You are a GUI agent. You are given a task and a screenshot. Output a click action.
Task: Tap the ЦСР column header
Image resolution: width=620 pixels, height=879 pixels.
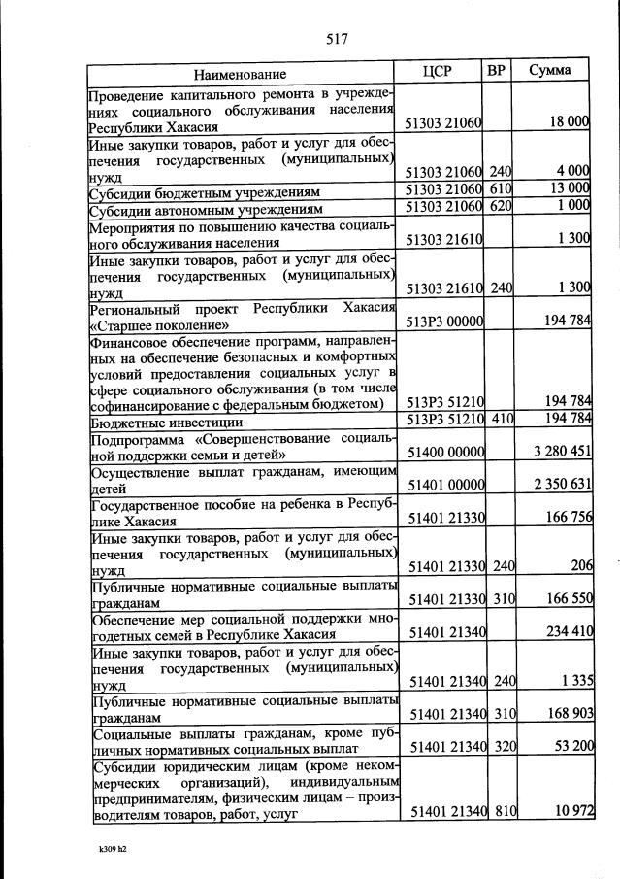point(439,71)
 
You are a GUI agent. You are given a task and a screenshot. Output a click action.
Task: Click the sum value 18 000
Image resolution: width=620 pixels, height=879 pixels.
point(568,121)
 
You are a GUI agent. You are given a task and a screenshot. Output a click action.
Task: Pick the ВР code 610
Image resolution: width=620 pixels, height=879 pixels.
point(501,187)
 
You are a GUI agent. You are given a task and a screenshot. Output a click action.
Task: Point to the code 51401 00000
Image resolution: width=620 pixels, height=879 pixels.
point(447,484)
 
